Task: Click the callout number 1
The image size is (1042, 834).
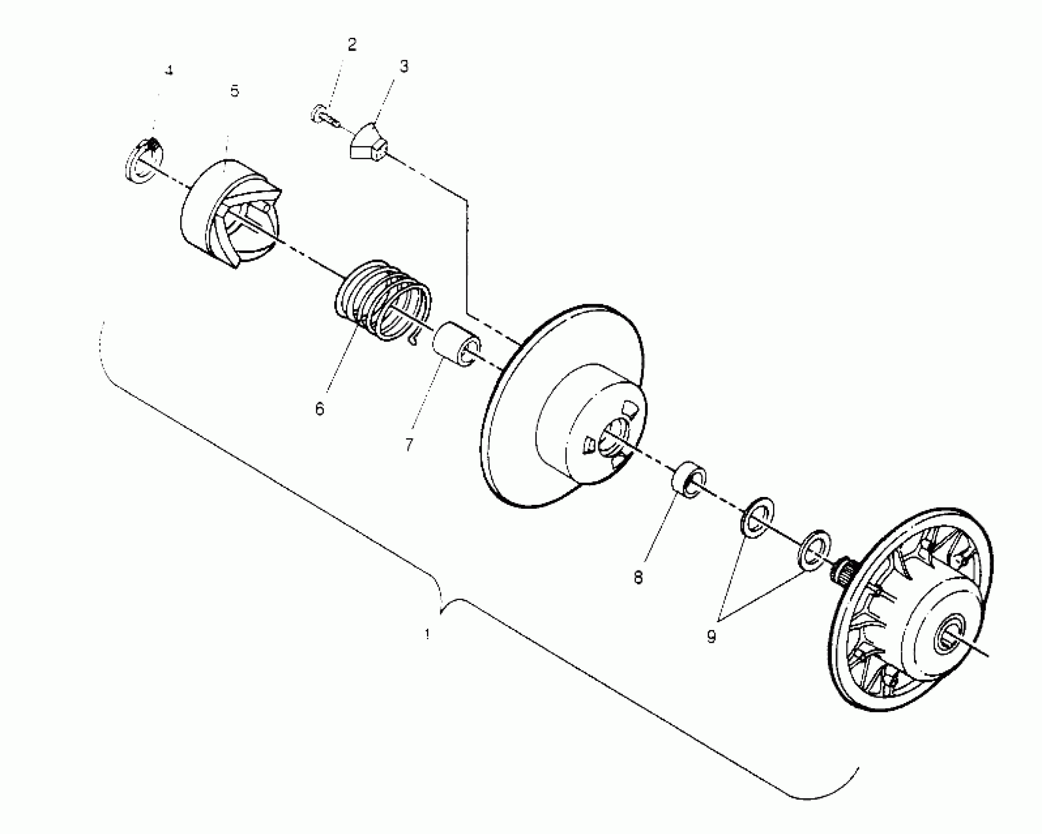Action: pos(427,635)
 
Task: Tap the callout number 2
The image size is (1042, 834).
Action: pos(352,45)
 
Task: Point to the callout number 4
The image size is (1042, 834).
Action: pos(169,71)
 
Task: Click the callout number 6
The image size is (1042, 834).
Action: pos(320,409)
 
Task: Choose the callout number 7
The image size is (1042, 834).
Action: pos(409,444)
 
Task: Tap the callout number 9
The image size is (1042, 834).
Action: pos(711,637)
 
